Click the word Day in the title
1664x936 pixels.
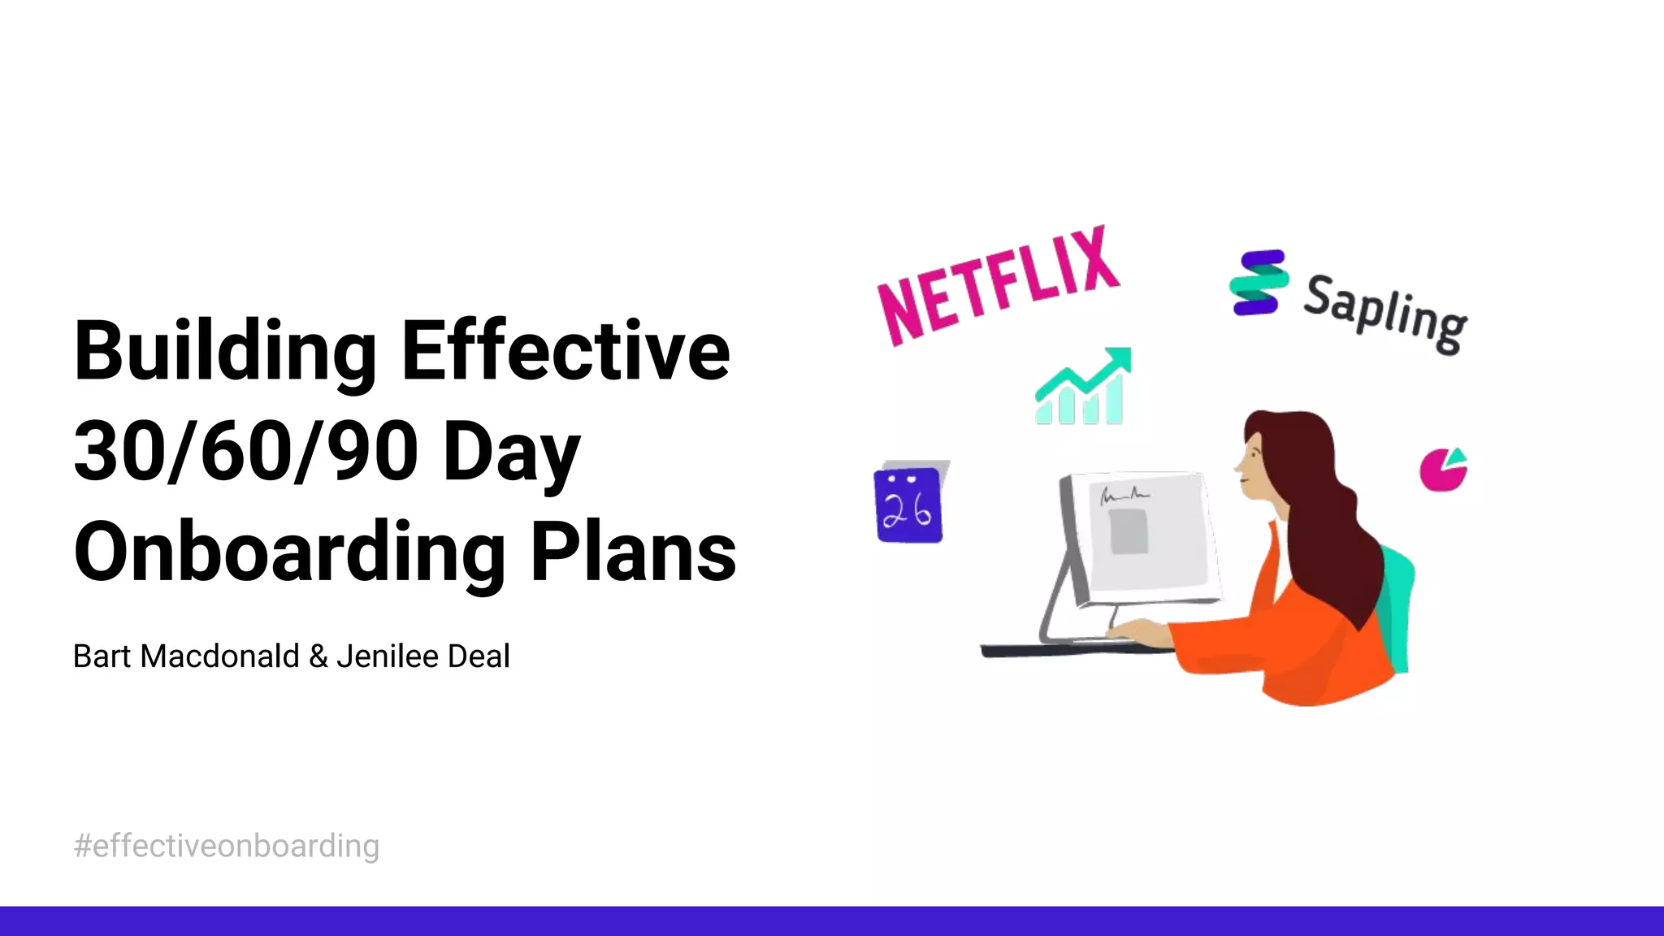coord(512,453)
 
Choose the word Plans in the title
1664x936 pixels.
coord(633,552)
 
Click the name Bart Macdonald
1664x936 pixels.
coord(186,656)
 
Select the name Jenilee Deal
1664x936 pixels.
coord(423,656)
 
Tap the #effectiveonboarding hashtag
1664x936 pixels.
coord(227,846)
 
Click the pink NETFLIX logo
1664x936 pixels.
coord(999,286)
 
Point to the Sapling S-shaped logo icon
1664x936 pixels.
coord(1258,283)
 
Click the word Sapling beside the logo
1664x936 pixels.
coord(1385,314)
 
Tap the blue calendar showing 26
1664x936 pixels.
coord(909,505)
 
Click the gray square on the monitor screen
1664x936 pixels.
coord(1129,531)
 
